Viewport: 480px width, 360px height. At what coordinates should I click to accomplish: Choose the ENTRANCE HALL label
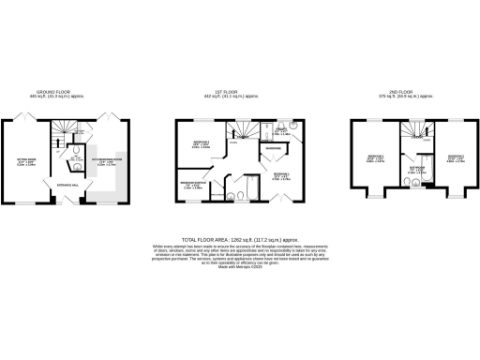click(x=67, y=186)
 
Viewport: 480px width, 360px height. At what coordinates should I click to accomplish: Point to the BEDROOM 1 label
click(x=280, y=174)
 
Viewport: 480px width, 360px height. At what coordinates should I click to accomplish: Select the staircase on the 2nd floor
click(x=412, y=130)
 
